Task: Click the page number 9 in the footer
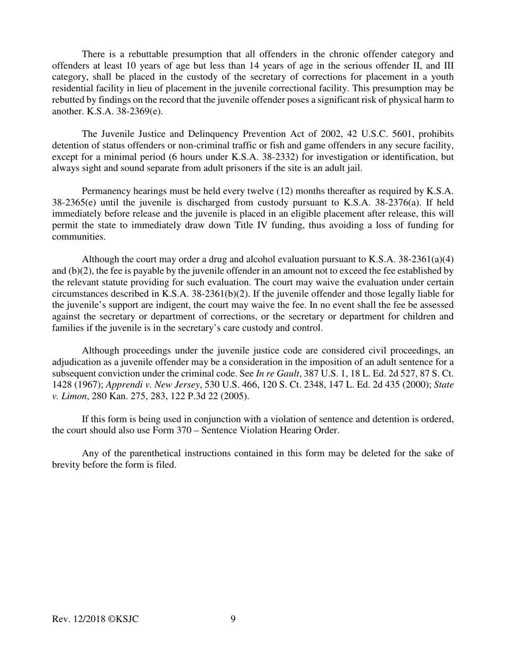233,618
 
